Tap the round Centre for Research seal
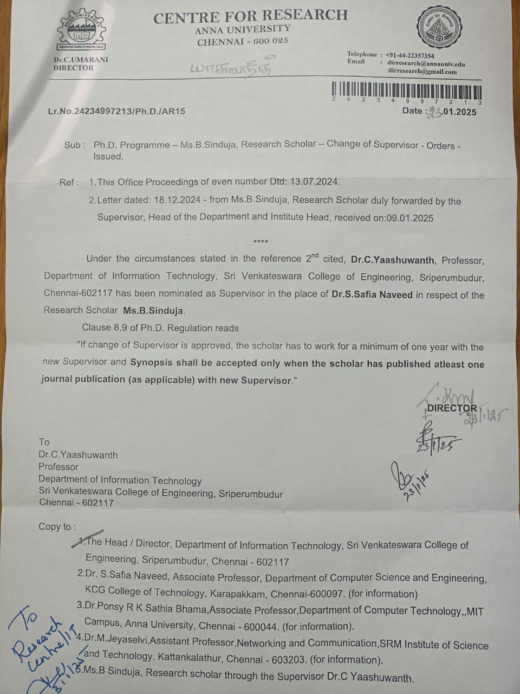click(440, 30)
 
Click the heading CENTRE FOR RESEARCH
click(250, 16)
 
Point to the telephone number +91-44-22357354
click(409, 56)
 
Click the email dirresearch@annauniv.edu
click(426, 64)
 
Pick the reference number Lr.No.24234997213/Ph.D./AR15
click(116, 111)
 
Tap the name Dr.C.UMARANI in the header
click(81, 60)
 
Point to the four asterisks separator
click(261, 241)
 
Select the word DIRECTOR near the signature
click(452, 408)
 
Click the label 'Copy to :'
click(57, 526)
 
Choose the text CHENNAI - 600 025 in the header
click(243, 42)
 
